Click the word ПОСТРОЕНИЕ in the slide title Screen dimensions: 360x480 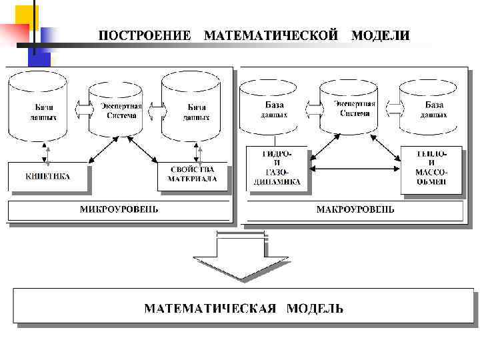[145, 35]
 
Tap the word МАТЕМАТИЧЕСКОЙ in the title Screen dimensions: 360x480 [271, 35]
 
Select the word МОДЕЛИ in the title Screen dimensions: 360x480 [381, 35]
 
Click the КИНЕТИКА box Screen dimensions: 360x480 [47, 177]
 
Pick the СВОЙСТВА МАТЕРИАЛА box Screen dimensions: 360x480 [192, 174]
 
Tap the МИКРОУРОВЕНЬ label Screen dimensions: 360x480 [119, 209]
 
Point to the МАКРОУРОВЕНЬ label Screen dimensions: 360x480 [355, 209]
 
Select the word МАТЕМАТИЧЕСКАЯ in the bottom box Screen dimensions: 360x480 [210, 308]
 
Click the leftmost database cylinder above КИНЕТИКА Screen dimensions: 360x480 [38, 107]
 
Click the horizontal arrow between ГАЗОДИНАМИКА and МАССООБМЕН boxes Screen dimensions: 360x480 [355, 169]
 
